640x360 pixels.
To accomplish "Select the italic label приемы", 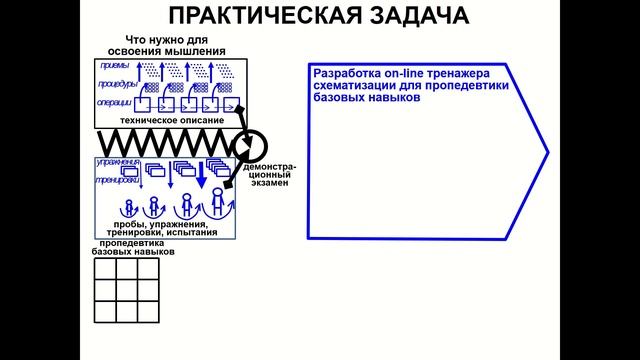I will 115,67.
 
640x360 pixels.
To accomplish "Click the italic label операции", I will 113,103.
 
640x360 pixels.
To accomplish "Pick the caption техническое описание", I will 171,120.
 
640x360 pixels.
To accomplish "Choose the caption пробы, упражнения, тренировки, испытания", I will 161,230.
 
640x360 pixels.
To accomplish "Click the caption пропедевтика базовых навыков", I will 138,248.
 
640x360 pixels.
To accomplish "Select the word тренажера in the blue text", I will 476,74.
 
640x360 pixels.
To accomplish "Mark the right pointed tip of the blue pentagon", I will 548,153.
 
